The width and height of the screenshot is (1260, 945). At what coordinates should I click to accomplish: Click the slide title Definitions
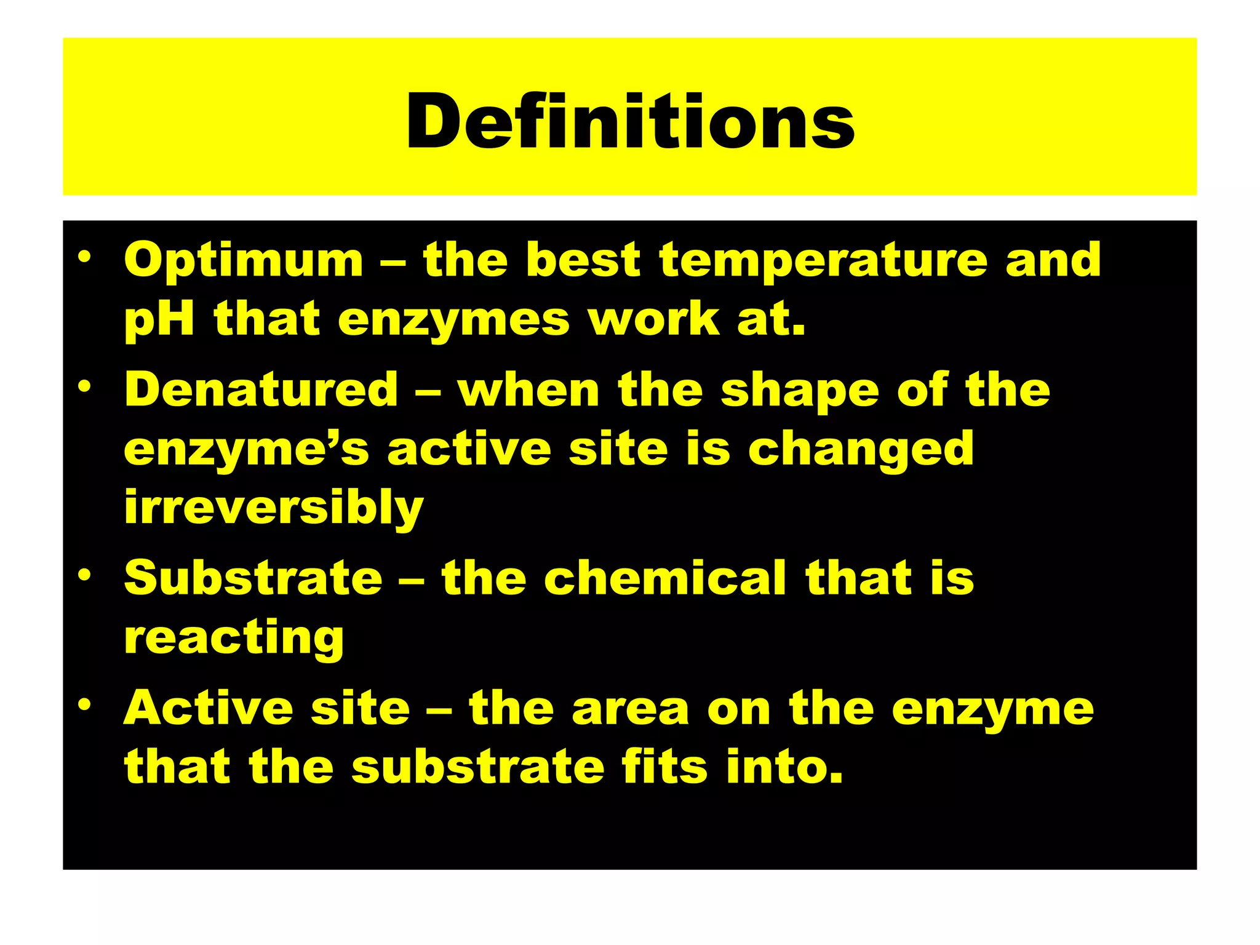tap(630, 121)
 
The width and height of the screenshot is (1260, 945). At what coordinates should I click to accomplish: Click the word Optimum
tap(244, 261)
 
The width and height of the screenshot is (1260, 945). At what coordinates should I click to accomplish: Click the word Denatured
tap(261, 389)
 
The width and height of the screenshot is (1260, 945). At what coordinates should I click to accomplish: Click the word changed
tap(861, 450)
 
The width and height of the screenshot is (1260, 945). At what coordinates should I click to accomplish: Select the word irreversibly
tap(274, 508)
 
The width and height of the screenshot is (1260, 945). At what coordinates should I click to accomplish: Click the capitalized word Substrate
tap(253, 578)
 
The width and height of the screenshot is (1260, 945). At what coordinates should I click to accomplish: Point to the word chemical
tap(665, 578)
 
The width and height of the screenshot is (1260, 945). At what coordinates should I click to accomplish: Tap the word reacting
tap(234, 639)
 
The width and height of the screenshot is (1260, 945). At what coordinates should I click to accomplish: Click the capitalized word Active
tap(209, 708)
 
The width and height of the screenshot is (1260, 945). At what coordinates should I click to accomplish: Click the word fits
tap(664, 767)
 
